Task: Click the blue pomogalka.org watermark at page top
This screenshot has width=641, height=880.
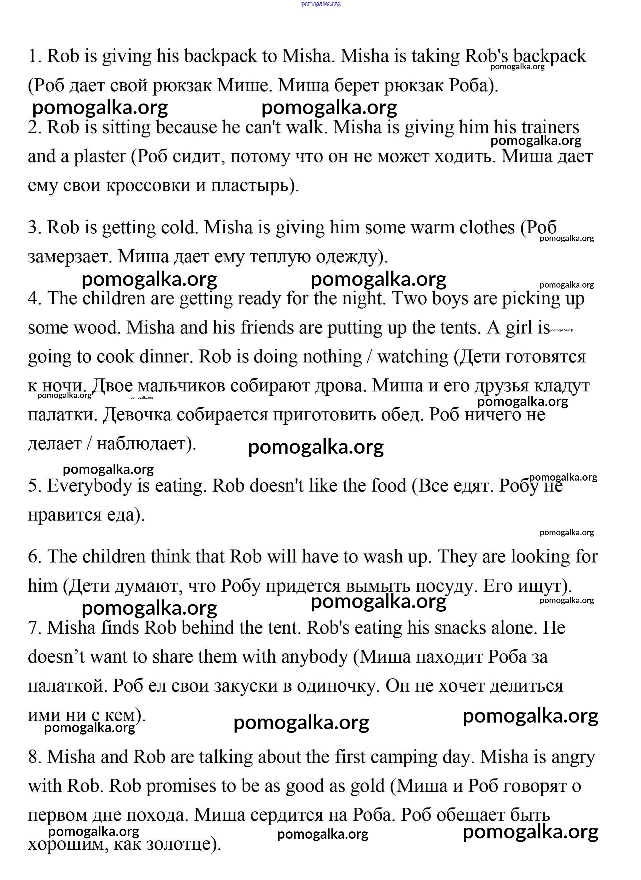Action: (x=321, y=4)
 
